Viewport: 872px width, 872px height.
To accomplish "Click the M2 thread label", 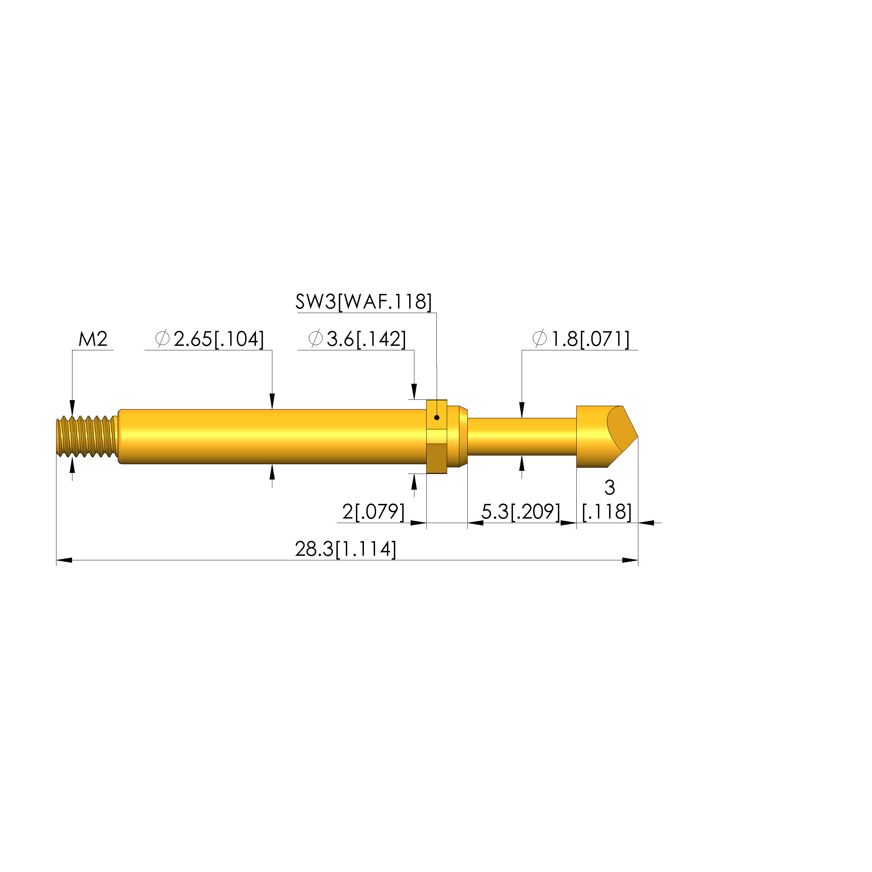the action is click(x=93, y=339).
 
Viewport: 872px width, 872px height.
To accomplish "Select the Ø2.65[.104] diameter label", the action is click(x=209, y=339).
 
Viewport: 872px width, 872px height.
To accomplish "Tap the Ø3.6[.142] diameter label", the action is click(x=357, y=339).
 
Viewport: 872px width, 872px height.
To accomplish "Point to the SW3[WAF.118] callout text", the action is click(x=364, y=302).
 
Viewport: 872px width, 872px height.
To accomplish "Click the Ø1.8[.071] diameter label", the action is click(x=581, y=339).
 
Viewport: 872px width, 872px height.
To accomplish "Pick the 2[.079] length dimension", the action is click(x=373, y=512).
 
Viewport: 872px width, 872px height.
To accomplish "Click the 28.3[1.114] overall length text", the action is click(x=346, y=549).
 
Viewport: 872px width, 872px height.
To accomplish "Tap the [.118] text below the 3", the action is click(x=607, y=512).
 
